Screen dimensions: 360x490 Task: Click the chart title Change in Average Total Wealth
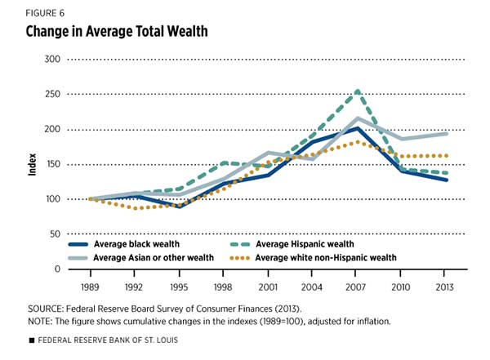pyautogui.click(x=110, y=32)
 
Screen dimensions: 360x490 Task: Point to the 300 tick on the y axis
pyautogui.click(x=53, y=60)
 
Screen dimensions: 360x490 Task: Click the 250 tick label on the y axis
pyautogui.click(x=53, y=95)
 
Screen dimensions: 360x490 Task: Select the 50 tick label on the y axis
pyautogui.click(x=56, y=234)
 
